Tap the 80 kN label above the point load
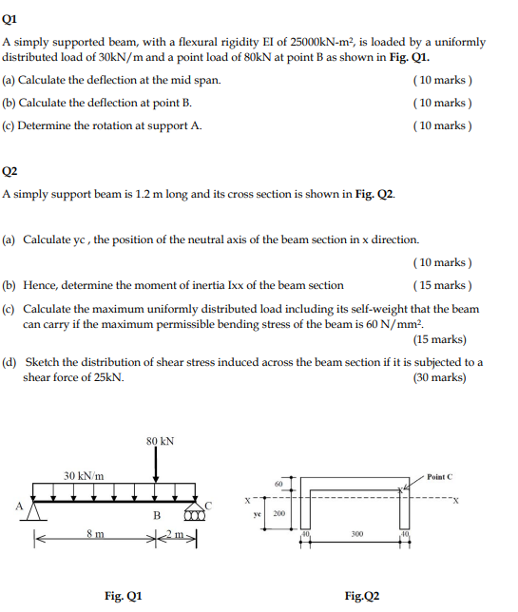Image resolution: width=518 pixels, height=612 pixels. pos(160,441)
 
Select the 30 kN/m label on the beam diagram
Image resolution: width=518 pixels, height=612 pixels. pos(84,475)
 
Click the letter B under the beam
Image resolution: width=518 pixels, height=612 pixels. pos(157,516)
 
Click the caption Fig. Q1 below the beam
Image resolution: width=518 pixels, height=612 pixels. pos(124,596)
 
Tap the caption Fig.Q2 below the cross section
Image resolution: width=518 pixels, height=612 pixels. pos(362,596)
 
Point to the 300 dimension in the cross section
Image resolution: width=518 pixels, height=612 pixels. pos(356,534)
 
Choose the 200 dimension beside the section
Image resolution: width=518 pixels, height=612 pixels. pos(279,513)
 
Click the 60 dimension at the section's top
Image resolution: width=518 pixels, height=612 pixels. pos(278,485)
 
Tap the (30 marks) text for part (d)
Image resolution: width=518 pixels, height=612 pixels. pos(440,377)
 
